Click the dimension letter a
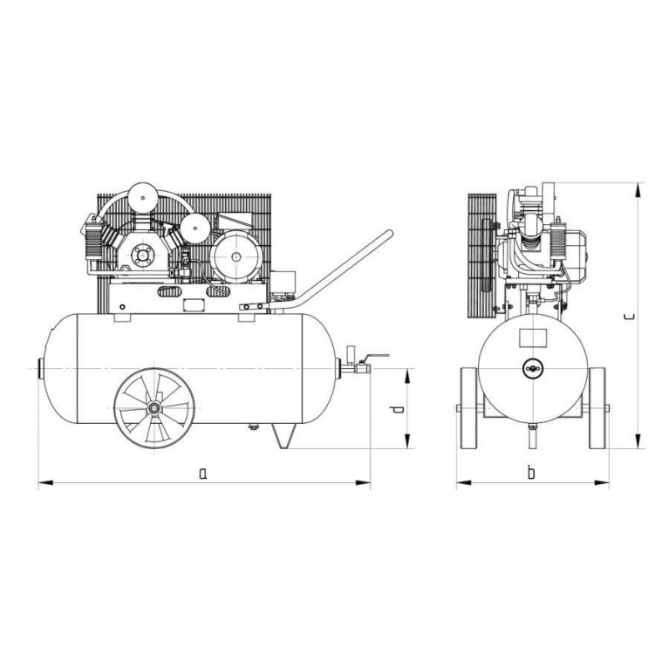tap(203, 473)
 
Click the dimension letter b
tap(531, 472)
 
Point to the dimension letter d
tap(397, 410)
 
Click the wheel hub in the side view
tap(154, 408)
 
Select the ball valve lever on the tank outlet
tap(378, 356)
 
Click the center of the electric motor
tap(236, 256)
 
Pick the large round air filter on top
tap(143, 197)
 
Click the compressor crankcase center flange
tap(140, 256)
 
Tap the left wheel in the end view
tap(469, 408)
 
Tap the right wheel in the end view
tap(597, 408)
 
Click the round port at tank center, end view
tap(533, 368)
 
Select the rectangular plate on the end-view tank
tap(533, 338)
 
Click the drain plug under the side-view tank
tap(254, 427)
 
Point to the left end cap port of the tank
tap(41, 368)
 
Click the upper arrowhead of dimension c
tap(638, 190)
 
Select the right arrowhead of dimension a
tap(363, 483)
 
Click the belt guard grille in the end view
tap(482, 256)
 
